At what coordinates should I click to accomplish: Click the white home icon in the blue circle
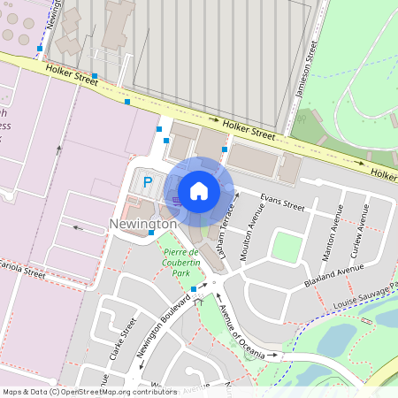199,190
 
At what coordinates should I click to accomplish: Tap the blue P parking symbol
148,182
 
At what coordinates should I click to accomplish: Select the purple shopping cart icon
176,202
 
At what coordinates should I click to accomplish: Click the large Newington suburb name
143,225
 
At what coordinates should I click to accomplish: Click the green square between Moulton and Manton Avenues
286,246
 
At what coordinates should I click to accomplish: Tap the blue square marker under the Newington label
151,233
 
